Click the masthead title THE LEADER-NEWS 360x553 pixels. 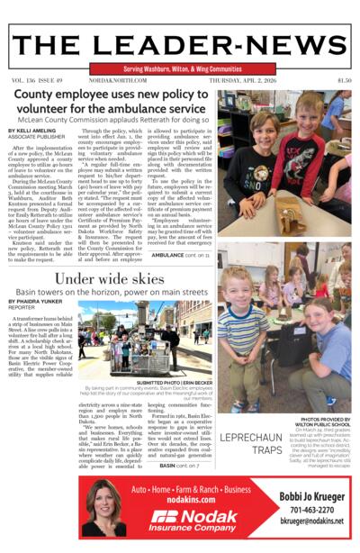pos(180,44)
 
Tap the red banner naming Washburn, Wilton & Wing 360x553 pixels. pos(180,68)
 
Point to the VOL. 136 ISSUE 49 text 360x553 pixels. pos(38,80)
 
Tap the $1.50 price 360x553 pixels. pos(343,80)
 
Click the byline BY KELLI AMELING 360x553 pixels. pos(34,131)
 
